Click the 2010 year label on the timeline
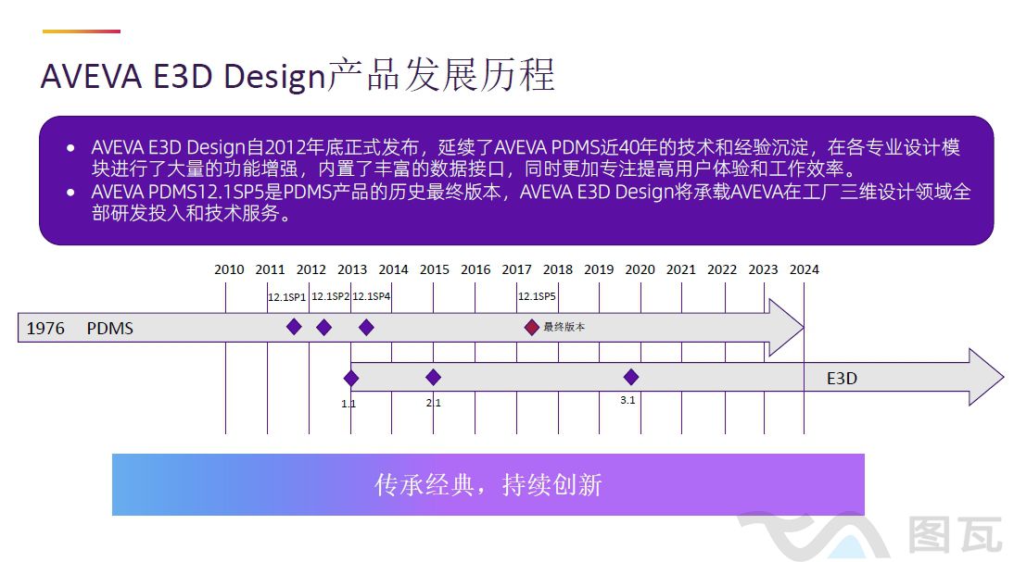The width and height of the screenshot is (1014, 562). [229, 269]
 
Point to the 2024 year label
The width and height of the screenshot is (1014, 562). [804, 269]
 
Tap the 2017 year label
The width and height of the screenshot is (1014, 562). [516, 269]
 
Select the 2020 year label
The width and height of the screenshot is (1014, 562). [640, 269]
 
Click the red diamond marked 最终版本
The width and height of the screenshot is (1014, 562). [531, 327]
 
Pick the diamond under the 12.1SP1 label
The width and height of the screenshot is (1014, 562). [294, 327]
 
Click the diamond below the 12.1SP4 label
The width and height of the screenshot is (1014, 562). [366, 327]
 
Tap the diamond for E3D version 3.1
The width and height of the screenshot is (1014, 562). [631, 377]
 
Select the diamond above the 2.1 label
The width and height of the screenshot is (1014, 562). [433, 377]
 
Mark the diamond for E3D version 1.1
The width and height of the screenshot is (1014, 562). [350, 378]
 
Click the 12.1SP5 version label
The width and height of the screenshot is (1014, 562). [537, 296]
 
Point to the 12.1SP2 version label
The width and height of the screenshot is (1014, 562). [330, 296]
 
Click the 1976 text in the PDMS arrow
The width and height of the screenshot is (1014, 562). [45, 329]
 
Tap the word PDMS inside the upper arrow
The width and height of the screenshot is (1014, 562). [110, 329]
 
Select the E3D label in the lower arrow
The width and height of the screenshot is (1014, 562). [842, 379]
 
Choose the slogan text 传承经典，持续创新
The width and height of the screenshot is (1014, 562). [488, 484]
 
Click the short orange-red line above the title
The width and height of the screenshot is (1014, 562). [82, 31]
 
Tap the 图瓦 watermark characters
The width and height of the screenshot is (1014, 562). [955, 535]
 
